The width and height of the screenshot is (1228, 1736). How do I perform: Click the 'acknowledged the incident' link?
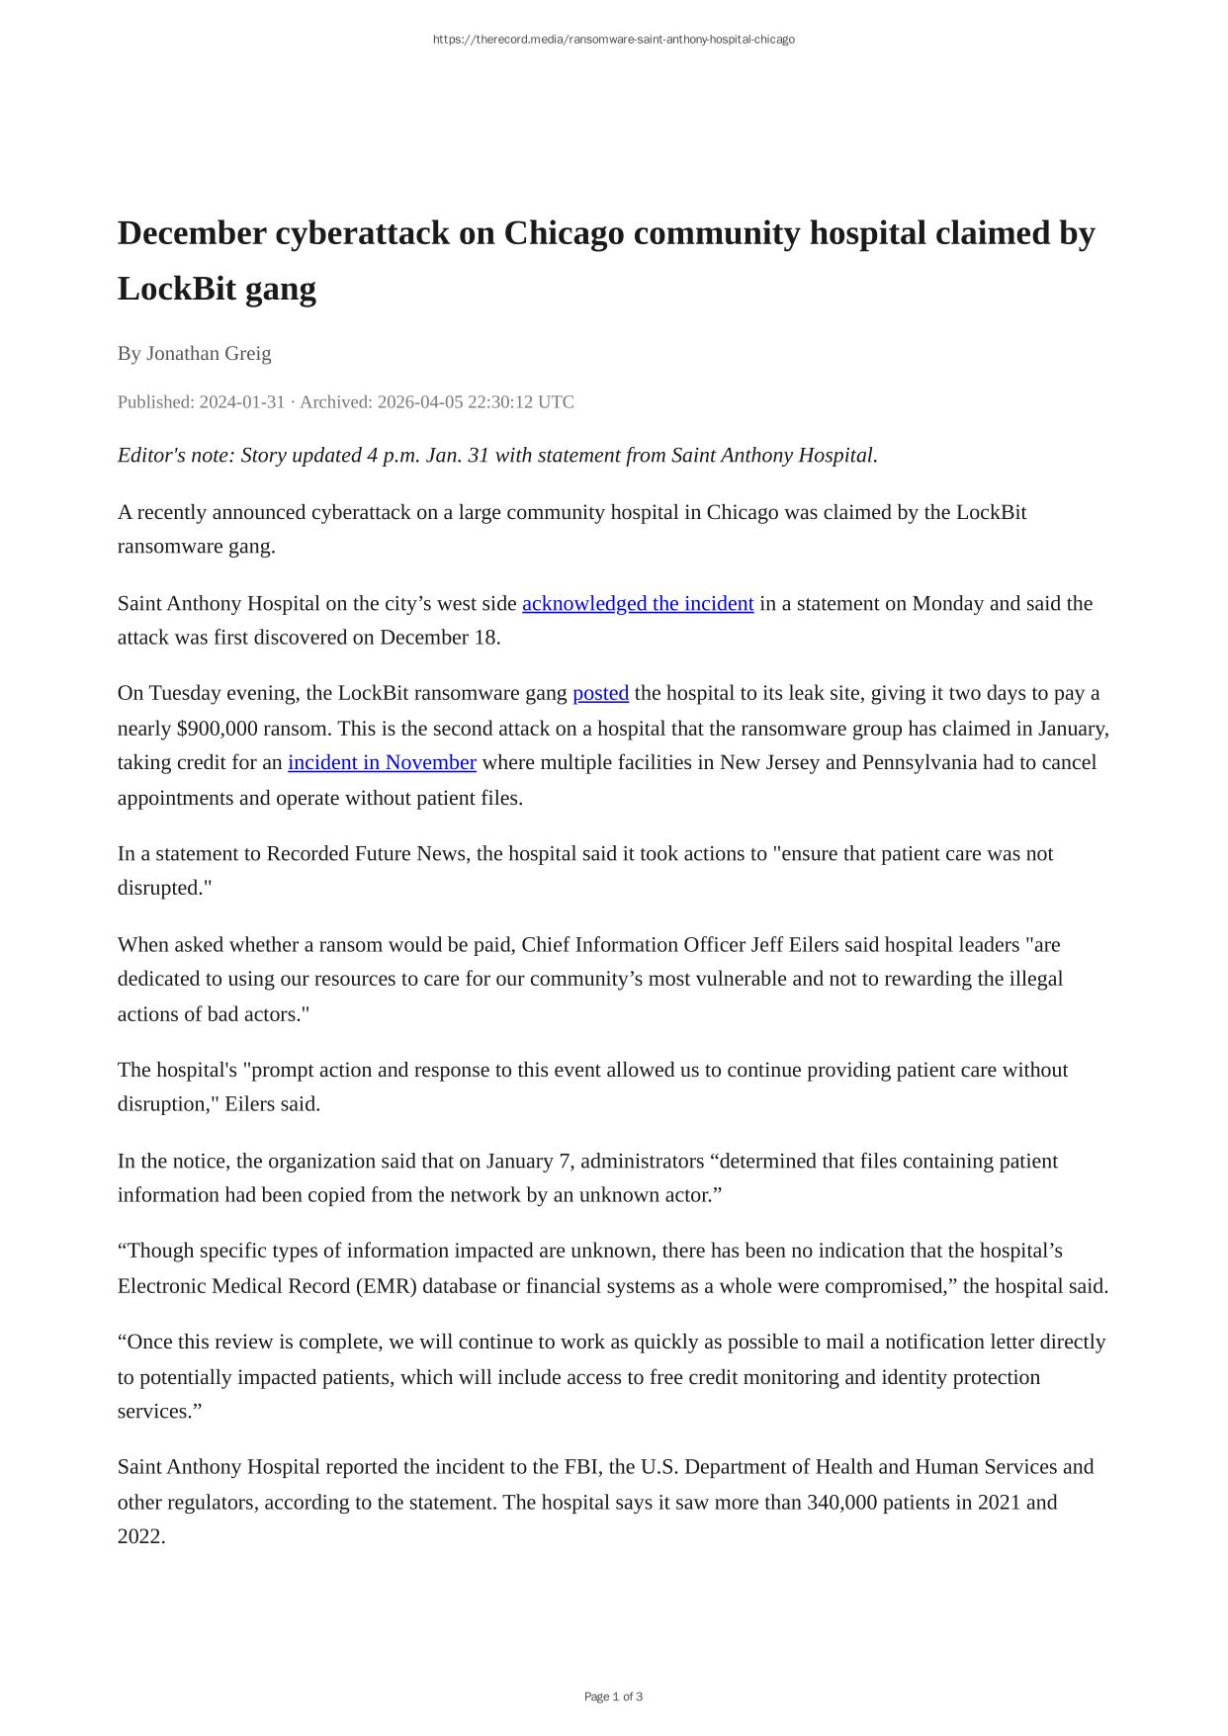(638, 603)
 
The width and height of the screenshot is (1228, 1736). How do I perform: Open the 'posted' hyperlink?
(600, 693)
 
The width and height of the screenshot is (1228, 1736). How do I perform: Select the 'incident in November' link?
(382, 762)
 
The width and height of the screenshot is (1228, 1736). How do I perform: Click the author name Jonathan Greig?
(209, 353)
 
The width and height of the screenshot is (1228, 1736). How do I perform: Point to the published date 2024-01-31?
(242, 402)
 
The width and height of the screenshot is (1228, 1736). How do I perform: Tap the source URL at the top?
(613, 40)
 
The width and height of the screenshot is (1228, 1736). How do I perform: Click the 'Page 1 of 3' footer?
(613, 1696)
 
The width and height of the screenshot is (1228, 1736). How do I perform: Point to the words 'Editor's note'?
(174, 456)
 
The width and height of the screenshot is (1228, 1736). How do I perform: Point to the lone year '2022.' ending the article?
(141, 1536)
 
